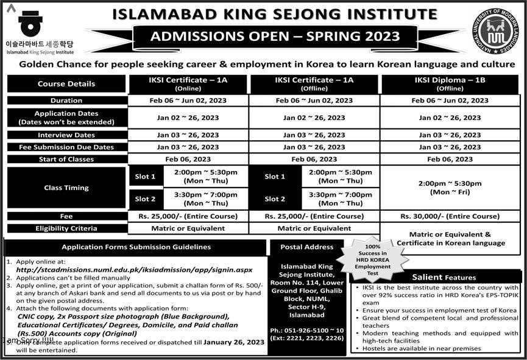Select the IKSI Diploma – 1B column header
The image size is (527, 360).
coord(449,84)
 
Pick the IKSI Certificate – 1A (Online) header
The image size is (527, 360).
coord(188,84)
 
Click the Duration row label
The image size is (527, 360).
coord(66,101)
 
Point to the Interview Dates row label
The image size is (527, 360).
coord(66,135)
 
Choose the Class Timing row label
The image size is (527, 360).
coord(66,188)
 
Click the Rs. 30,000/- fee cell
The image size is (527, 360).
coord(450,216)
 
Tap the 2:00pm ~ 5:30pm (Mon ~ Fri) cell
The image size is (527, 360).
coord(450,188)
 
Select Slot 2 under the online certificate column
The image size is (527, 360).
coord(145,199)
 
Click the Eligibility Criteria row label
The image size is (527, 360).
coord(66,228)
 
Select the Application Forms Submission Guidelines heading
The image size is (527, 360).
coord(136,247)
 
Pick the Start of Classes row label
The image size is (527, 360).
coord(66,159)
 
